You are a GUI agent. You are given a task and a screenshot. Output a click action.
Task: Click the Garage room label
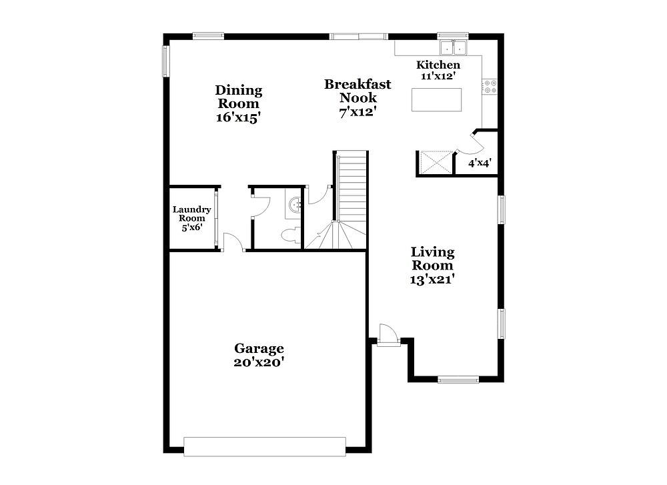point(259,348)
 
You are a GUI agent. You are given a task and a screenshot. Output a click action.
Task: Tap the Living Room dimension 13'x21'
point(432,280)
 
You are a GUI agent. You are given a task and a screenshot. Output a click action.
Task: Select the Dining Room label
point(238,97)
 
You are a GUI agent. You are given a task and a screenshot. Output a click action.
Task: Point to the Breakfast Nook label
point(358,91)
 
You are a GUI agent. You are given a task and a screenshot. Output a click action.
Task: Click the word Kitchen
point(438,65)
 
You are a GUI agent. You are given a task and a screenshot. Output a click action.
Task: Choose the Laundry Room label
point(192,213)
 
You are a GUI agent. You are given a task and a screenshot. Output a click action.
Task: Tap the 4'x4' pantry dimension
point(480,163)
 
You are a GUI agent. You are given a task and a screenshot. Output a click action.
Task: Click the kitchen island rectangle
point(436,99)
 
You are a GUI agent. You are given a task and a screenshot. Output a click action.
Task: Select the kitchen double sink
point(453,47)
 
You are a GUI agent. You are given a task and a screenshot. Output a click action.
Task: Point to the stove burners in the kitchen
point(490,86)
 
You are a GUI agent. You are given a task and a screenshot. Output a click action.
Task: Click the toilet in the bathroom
point(292,235)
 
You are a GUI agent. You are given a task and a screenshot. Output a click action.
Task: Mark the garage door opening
point(265,447)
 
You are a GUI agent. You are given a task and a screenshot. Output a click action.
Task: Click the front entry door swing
point(388,333)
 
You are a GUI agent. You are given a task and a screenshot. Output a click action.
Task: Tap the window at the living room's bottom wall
point(458,379)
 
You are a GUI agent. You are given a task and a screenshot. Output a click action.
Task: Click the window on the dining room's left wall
point(166,61)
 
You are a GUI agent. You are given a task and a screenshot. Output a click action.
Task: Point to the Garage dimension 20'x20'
point(259,362)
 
